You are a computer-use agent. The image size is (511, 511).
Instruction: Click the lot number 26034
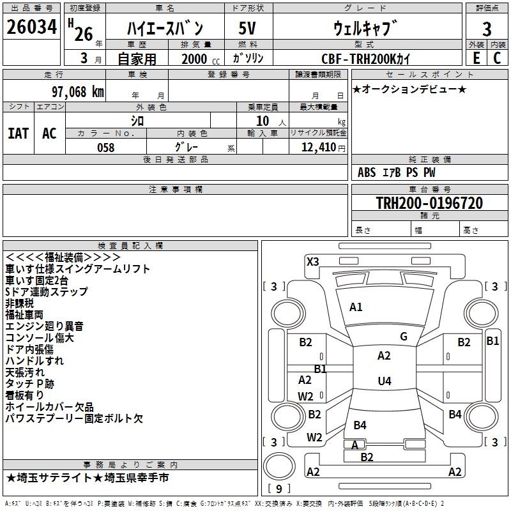pos(31,27)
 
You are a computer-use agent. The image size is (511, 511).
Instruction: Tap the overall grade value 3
pos(487,29)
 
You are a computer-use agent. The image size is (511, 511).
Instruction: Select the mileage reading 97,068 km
pos(78,92)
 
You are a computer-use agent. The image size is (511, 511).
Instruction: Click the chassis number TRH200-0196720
pos(429,202)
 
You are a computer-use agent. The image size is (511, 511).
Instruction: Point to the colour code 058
pos(106,148)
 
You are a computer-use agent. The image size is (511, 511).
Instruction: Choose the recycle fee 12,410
pos(319,148)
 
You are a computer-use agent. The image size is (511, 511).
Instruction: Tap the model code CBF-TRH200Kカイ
pos(365,59)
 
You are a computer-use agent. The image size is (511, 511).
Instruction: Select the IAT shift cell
pos(19,133)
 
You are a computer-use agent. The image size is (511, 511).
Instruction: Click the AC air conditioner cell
pos(50,133)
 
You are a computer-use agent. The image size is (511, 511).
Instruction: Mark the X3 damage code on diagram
pos(312,261)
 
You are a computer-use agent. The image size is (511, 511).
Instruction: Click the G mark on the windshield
pos(404,337)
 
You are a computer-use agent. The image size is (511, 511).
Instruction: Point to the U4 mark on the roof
pos(385,381)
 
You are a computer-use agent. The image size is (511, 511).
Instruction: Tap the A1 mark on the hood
pos(356,307)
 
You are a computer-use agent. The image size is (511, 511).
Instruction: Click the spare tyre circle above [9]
pos(279,466)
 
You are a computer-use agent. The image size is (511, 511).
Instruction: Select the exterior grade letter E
pos(477,58)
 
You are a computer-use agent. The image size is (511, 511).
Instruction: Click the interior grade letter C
pos(497,58)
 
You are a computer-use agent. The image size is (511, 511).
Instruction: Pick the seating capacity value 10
pos(263,121)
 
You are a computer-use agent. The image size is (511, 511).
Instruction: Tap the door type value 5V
pos(247,28)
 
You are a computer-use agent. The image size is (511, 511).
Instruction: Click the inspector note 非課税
pos(20,303)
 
